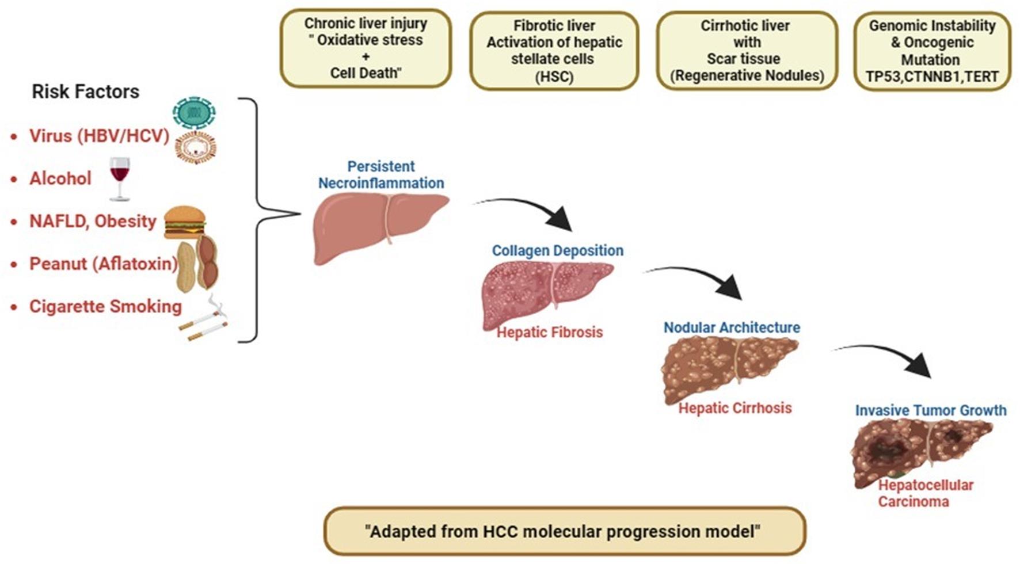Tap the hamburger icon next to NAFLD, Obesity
184,222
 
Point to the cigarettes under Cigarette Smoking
204,323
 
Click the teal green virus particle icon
195,113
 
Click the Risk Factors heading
85,92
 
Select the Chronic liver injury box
366,48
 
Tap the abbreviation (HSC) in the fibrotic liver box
554,76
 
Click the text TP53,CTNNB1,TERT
932,77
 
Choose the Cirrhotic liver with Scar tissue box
747,51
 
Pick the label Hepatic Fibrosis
550,332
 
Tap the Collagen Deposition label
557,250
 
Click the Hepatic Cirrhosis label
735,408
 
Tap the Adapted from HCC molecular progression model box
564,531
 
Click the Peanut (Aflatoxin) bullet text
103,264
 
